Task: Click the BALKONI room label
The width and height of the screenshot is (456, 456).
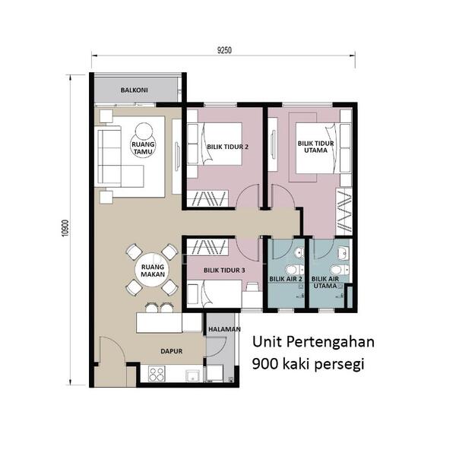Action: click(134, 90)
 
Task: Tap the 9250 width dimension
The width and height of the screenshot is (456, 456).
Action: click(224, 50)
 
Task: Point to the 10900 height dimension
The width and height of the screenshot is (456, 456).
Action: click(65, 228)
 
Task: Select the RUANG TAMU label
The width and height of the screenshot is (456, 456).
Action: click(143, 147)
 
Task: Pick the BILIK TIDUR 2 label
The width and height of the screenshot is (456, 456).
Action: click(227, 147)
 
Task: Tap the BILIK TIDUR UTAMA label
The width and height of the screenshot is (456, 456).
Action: click(316, 147)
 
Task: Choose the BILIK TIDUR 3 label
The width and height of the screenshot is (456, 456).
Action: click(224, 271)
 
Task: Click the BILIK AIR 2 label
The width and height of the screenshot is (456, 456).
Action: click(286, 279)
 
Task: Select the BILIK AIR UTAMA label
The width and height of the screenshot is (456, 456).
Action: click(325, 283)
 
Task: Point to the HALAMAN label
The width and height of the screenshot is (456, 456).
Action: click(224, 329)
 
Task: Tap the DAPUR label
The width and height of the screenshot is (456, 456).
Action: click(172, 351)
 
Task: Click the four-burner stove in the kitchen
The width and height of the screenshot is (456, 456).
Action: click(157, 374)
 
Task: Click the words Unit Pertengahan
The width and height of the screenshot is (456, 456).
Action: click(313, 342)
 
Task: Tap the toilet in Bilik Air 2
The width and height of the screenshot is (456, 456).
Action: click(294, 270)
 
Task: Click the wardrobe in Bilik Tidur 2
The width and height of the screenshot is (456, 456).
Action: click(207, 198)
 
